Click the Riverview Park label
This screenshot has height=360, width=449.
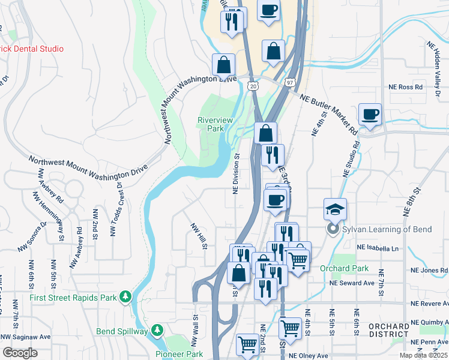coord(215,124)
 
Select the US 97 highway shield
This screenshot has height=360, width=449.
coord(290,82)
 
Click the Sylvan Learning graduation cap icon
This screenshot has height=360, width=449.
coord(335,208)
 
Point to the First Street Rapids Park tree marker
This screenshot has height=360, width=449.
coord(125,296)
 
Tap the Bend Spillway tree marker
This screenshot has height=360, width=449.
coord(157,330)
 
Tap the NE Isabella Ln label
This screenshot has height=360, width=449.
coord(377,248)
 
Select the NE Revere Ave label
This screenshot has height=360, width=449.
coord(430,304)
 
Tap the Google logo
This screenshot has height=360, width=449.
coord(20,353)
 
